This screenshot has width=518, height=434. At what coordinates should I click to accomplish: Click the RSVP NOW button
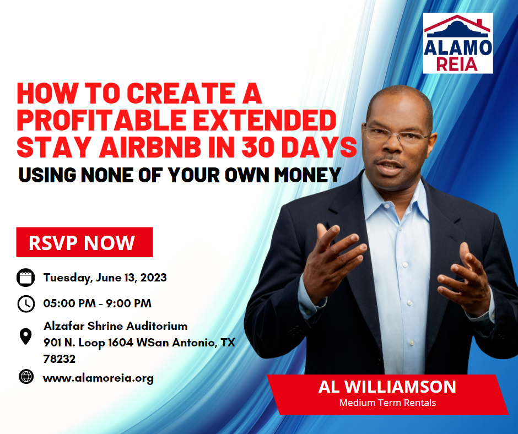(84, 242)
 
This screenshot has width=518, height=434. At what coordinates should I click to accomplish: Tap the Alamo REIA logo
(458, 44)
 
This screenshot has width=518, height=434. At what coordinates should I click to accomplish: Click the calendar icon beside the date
(26, 278)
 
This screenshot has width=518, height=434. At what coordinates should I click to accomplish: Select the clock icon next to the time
(26, 303)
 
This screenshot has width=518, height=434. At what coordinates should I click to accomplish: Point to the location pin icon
(26, 337)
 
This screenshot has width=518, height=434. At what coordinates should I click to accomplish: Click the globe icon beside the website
(26, 377)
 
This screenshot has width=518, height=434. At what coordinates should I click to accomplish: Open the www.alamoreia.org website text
(99, 378)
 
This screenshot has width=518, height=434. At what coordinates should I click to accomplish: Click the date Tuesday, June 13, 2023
(105, 278)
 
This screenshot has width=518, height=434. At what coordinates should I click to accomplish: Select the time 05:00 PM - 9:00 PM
(98, 303)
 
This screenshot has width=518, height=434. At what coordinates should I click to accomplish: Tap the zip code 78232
(60, 359)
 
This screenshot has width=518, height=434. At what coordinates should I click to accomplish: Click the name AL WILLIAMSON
(387, 387)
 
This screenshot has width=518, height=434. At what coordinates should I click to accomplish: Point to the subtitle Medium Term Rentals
(387, 403)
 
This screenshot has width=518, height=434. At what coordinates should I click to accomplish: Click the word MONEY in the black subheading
(307, 175)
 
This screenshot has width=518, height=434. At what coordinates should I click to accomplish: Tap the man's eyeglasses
(396, 135)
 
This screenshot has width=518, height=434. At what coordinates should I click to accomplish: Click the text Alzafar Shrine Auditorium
(116, 326)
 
